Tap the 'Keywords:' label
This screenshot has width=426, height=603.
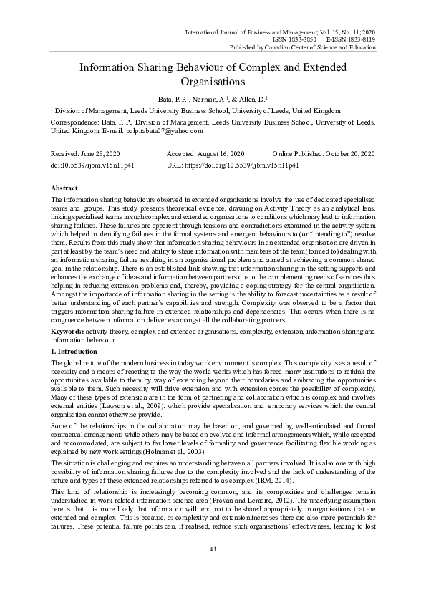[x=68, y=332]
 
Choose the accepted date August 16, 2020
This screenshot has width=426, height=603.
[x=218, y=154]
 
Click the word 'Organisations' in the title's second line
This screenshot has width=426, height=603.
[x=213, y=82]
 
